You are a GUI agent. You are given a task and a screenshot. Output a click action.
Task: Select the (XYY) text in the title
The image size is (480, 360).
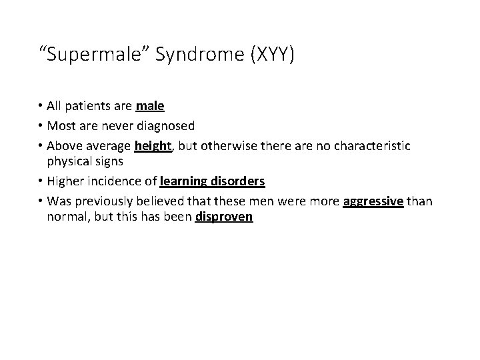pyautogui.click(x=270, y=55)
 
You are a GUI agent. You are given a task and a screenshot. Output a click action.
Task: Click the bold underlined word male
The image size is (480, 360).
pyautogui.click(x=150, y=106)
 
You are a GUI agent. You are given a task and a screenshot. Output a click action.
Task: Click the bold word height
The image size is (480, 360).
pyautogui.click(x=153, y=145)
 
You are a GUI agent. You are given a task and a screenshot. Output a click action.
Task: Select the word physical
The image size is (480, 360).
pyautogui.click(x=69, y=162)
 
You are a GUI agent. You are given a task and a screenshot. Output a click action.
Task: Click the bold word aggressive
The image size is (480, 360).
pyautogui.click(x=373, y=201)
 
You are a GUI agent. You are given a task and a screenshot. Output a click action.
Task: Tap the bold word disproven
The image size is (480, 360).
pyautogui.click(x=224, y=218)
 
